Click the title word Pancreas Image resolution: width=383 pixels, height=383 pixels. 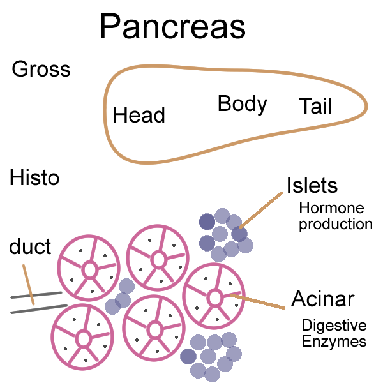click(x=172, y=27)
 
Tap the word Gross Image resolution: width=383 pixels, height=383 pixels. click(x=41, y=70)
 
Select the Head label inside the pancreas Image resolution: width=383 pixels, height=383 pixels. click(x=139, y=115)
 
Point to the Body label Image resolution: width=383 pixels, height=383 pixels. click(x=242, y=103)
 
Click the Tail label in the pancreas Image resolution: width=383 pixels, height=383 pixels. click(x=315, y=106)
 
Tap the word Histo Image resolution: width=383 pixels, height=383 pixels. click(x=34, y=177)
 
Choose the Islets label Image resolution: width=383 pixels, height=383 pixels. click(x=312, y=186)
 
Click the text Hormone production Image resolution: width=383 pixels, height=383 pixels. click(x=335, y=216)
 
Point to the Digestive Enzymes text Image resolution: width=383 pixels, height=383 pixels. click(x=334, y=333)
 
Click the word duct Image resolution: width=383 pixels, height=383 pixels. click(x=30, y=246)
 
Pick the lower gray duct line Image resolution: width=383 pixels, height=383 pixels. click(x=36, y=310)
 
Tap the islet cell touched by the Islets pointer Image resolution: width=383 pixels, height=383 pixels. click(x=239, y=234)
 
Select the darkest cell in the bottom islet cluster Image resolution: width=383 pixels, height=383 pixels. click(x=188, y=356)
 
